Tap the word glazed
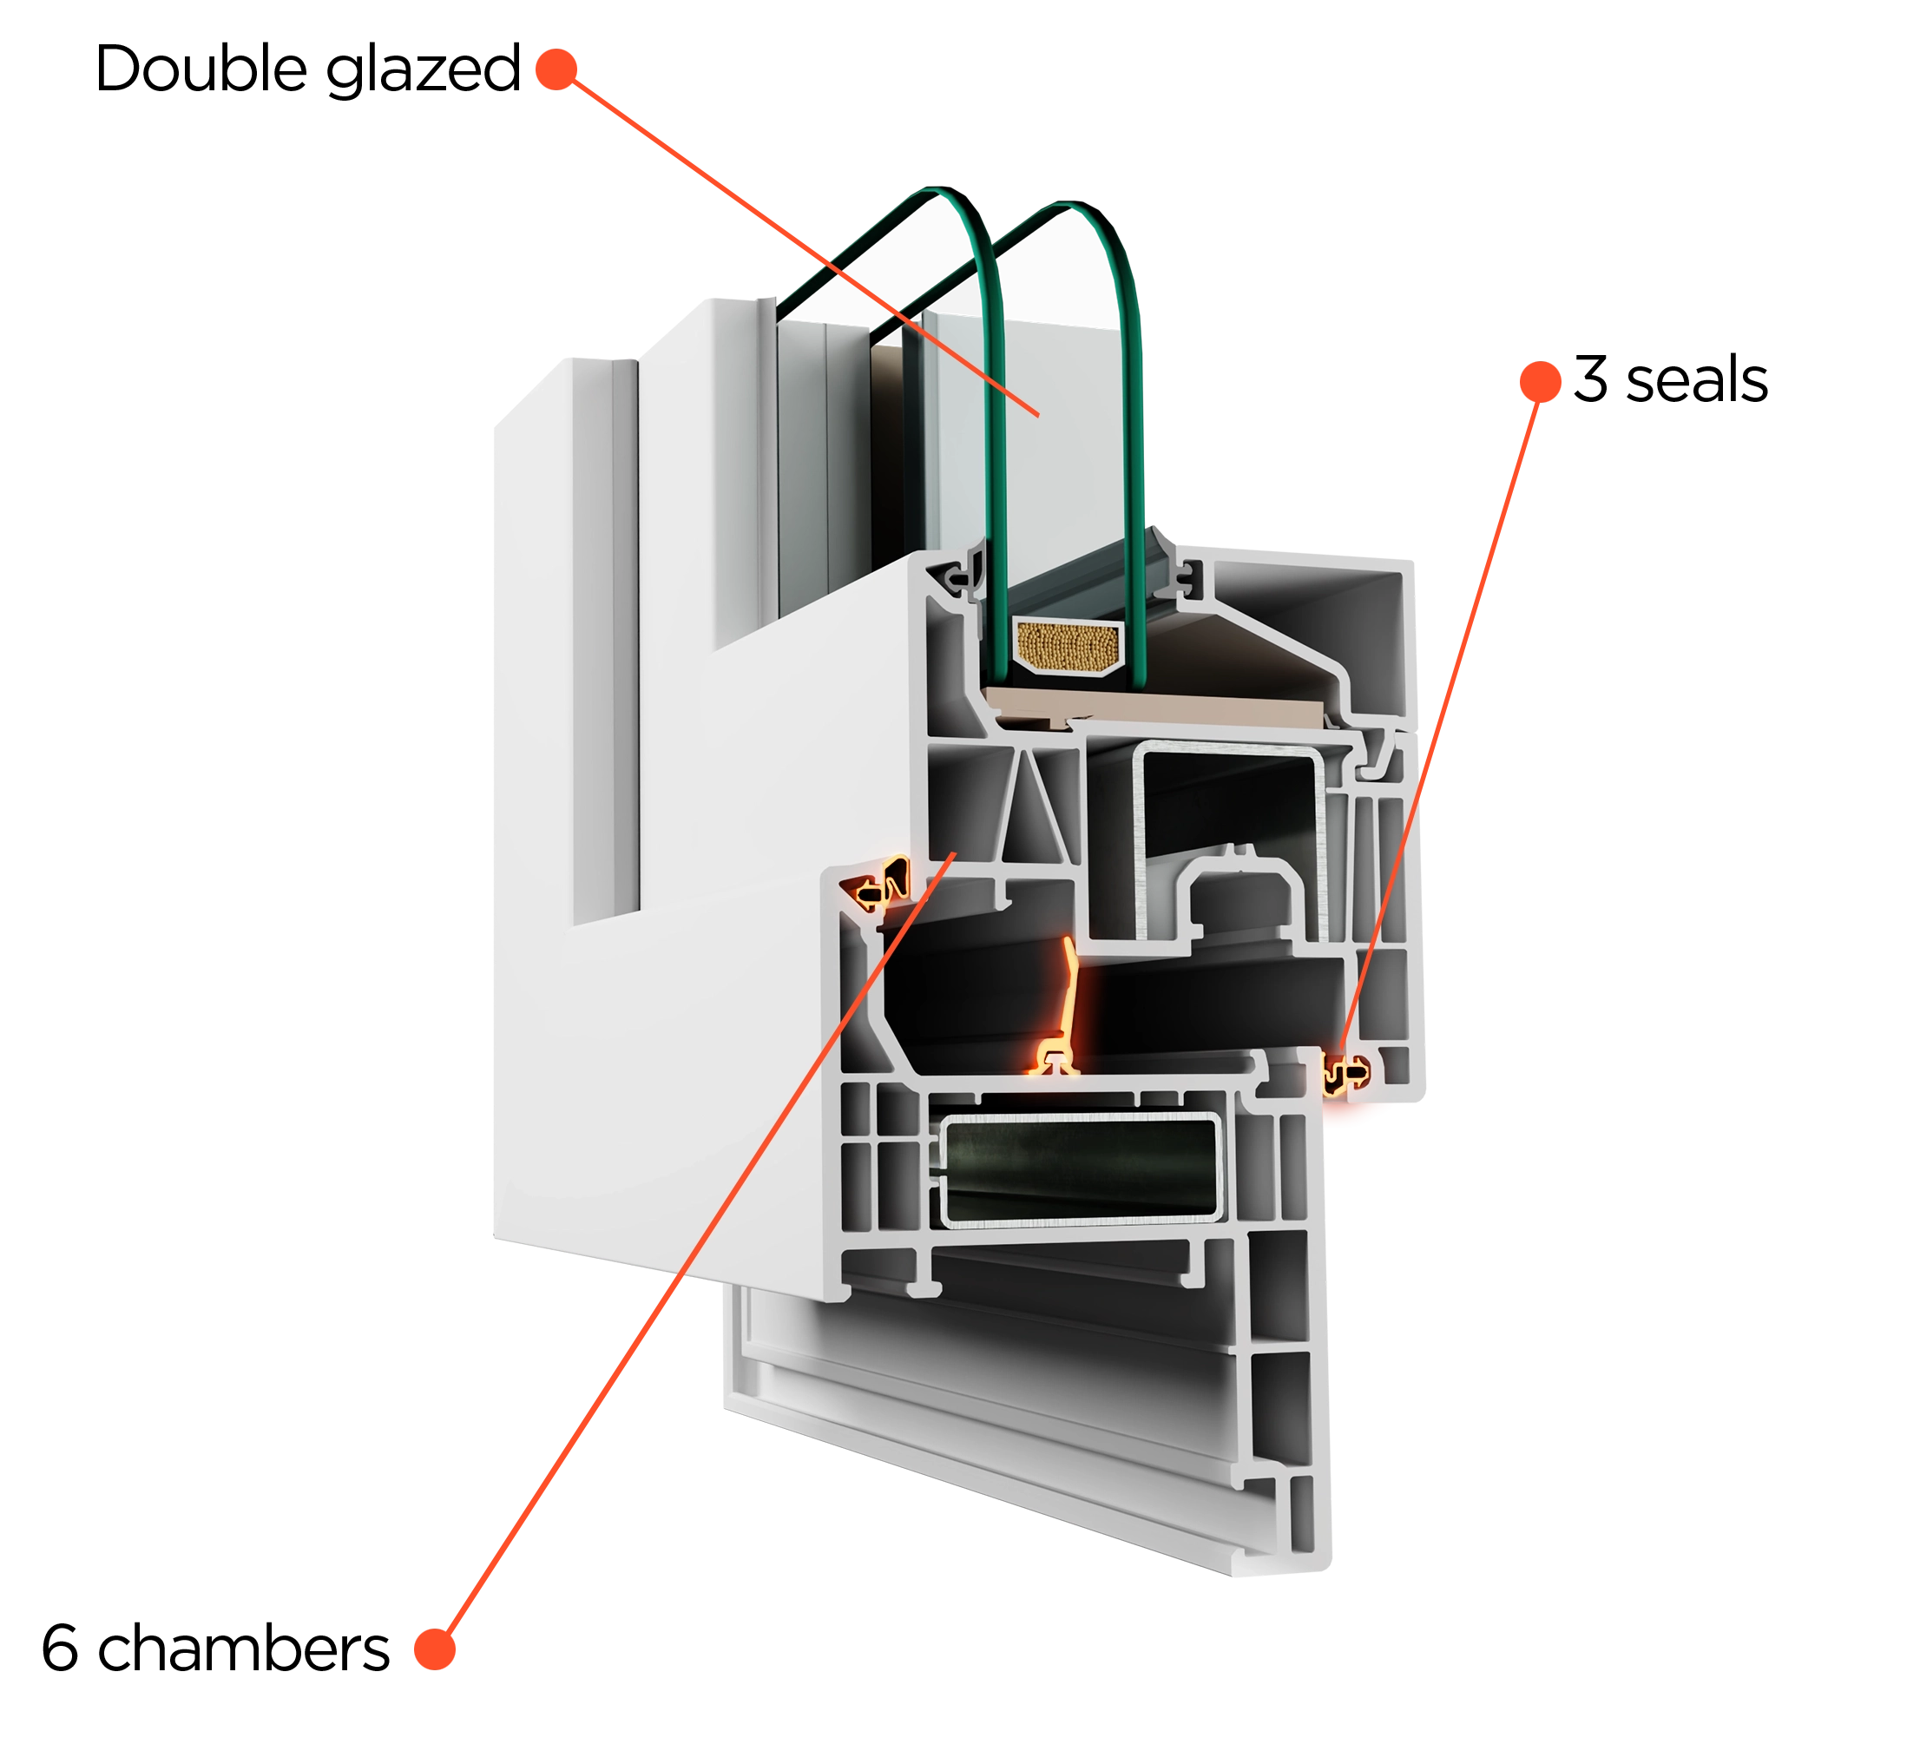pos(423,70)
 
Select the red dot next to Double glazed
pos(556,69)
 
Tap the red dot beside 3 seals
pos(1540,381)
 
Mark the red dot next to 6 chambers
pos(435,1649)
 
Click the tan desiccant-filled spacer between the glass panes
pos(1067,646)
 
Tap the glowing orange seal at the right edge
pos(1345,1074)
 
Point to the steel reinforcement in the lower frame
pos(1081,1168)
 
